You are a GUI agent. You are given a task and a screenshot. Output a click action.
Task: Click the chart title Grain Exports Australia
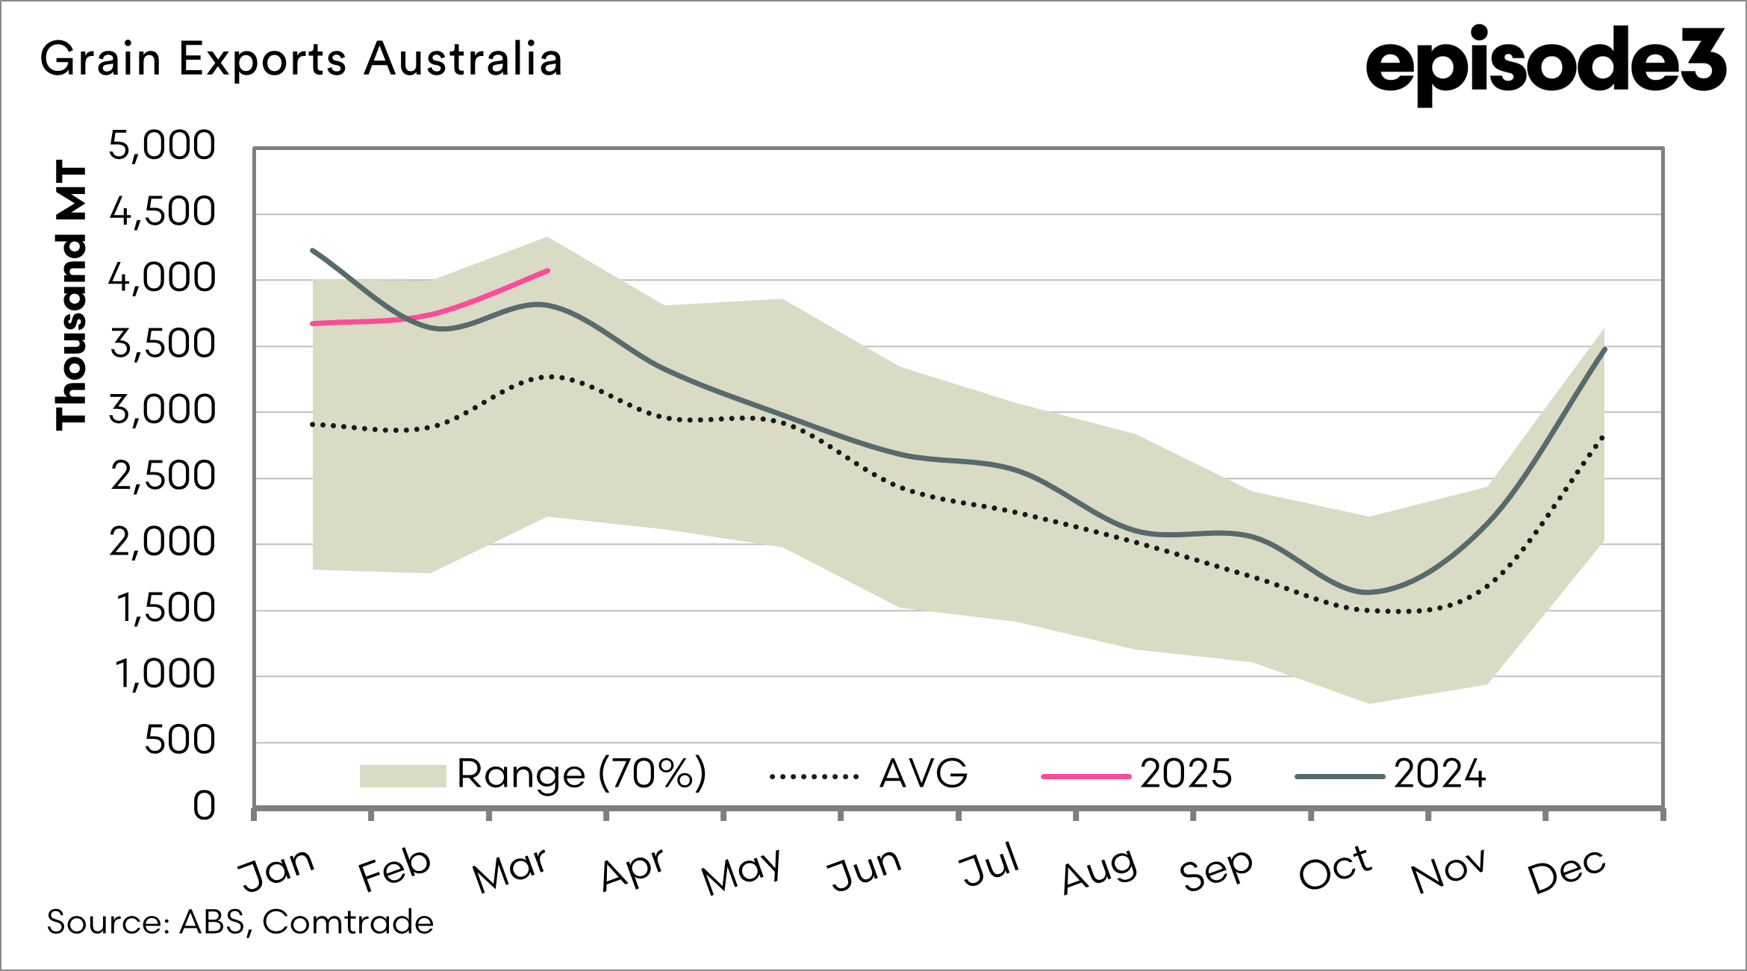coord(301,60)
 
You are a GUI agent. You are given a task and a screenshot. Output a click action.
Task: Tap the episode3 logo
coord(1545,63)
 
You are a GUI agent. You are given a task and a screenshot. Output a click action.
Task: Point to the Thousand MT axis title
coord(72,295)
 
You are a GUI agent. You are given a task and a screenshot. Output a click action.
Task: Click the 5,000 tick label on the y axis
coord(162,146)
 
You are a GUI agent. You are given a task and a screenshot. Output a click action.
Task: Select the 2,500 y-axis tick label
coord(163,477)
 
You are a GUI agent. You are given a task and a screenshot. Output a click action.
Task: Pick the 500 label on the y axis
coord(180,741)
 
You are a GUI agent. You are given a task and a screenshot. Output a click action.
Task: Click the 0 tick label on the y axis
coord(204,807)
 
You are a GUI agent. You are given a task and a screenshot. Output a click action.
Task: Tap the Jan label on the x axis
coord(276,869)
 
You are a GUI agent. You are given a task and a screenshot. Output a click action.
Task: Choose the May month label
coord(741,870)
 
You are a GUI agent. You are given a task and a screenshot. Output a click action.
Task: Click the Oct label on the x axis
coord(1335,869)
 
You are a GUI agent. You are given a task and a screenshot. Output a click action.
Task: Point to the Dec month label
coord(1566,870)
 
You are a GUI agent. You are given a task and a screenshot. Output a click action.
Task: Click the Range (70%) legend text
coord(582,774)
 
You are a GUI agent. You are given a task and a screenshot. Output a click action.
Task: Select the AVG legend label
coord(924,774)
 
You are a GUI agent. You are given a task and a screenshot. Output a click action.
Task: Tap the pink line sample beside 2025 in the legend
coord(1086,776)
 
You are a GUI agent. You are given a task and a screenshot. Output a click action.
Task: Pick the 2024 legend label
coord(1439,774)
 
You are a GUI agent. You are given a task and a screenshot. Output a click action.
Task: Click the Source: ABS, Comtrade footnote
coord(240,922)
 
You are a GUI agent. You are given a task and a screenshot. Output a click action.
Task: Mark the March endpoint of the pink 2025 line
coord(548,270)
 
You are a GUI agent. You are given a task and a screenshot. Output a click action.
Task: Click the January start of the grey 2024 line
coord(313,251)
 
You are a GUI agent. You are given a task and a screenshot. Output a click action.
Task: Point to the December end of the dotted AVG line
coord(1603,437)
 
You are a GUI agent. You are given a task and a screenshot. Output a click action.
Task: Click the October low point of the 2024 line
coord(1368,593)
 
